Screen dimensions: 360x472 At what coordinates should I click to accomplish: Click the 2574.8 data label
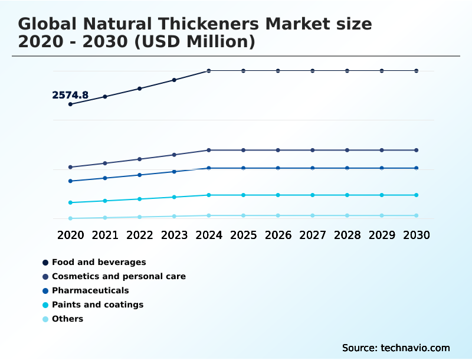point(70,95)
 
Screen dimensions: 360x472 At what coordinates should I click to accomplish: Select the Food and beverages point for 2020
point(70,104)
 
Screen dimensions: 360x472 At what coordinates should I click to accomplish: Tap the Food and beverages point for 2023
point(174,80)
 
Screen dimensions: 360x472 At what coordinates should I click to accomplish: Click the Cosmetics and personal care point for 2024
point(209,150)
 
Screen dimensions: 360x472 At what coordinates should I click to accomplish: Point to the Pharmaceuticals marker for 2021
point(105,178)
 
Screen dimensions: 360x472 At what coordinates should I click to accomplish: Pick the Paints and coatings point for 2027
point(313,195)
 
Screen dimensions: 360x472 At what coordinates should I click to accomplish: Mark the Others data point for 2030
point(417,215)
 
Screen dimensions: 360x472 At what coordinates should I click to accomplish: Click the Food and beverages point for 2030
point(417,71)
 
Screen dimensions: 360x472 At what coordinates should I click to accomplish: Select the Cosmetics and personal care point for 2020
point(70,167)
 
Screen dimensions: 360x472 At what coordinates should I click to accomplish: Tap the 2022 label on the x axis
point(140,235)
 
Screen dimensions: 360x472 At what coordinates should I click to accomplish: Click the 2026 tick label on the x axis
point(278,235)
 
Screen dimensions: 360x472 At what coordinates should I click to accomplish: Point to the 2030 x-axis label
point(417,235)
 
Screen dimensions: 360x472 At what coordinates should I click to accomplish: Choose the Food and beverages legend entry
point(99,262)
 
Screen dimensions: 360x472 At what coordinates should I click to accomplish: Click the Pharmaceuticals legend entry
point(90,290)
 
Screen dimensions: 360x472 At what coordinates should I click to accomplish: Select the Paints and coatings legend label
point(97,305)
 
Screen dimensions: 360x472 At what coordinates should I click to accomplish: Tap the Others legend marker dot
point(45,319)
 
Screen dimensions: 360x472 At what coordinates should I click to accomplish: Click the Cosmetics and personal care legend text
point(119,276)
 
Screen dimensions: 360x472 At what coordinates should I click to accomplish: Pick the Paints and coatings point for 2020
point(70,202)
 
